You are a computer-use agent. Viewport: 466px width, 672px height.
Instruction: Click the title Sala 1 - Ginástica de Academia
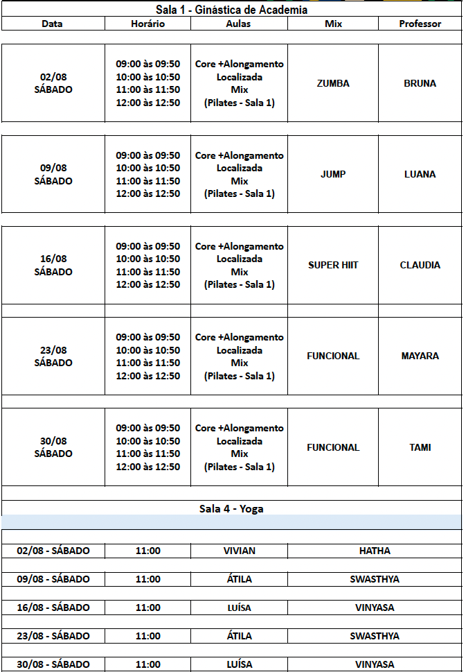pos(231,10)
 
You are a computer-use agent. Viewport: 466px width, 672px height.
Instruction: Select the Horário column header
pos(147,24)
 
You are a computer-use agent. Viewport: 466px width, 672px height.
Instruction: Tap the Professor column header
pos(420,24)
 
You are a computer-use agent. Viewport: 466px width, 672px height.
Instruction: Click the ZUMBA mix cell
pos(333,83)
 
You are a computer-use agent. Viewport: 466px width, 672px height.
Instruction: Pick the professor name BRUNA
pos(420,83)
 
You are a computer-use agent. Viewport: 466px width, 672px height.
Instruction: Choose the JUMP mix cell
pos(333,174)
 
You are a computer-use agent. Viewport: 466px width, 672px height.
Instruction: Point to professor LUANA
pos(420,174)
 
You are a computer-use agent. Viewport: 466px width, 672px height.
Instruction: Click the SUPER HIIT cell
pos(333,265)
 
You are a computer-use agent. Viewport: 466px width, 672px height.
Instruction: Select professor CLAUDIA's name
pos(420,265)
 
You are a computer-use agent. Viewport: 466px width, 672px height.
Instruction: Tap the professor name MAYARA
pos(420,356)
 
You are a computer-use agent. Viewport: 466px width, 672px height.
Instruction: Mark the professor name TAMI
pos(420,447)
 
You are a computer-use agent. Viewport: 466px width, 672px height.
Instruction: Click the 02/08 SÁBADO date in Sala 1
pos(53,83)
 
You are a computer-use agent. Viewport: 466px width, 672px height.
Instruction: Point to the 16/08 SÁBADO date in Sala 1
pos(53,265)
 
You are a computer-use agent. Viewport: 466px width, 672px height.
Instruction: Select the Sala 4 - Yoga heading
pos(231,508)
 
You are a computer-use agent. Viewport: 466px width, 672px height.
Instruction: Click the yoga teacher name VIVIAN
pos(239,551)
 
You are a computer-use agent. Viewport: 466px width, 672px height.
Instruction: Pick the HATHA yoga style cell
pos(375,551)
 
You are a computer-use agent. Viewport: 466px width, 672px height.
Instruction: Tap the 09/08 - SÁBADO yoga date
pos(53,579)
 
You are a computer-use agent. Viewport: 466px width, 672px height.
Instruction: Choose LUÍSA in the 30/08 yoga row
pos(239,664)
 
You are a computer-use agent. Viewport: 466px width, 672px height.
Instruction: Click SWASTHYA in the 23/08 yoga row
pos(375,636)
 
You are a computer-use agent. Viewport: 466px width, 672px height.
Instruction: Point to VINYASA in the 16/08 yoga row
pos(375,608)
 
